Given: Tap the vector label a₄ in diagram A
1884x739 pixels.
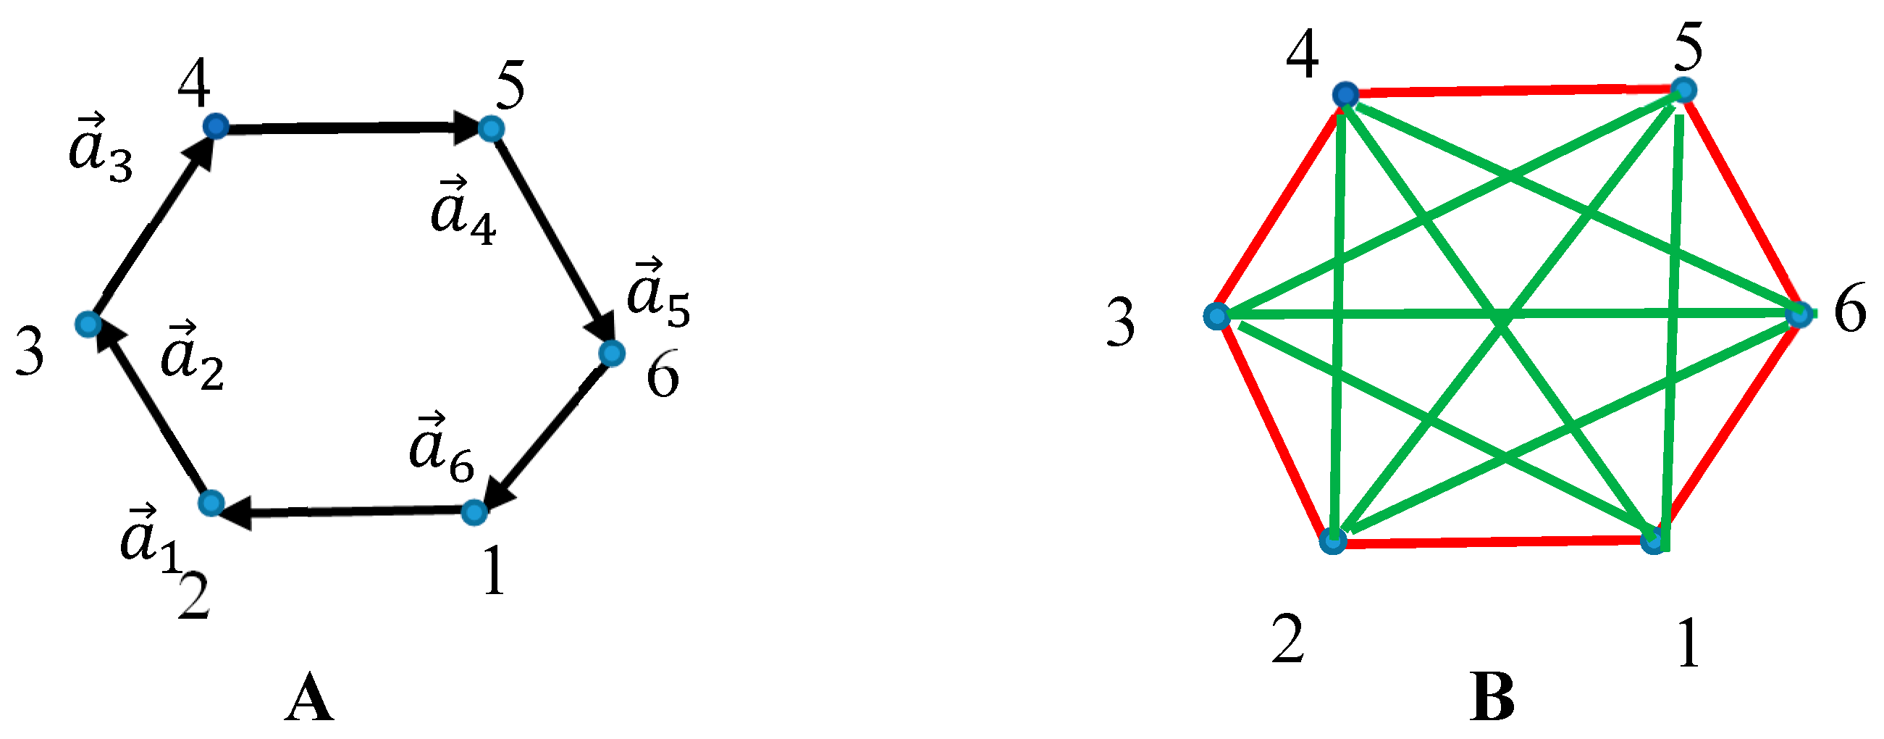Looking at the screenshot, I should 463,212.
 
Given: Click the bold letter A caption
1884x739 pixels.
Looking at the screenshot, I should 309,699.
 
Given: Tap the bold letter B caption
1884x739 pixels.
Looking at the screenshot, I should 1492,698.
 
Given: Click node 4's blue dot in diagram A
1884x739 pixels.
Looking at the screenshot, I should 215,127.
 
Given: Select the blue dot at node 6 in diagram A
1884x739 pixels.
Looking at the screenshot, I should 611,354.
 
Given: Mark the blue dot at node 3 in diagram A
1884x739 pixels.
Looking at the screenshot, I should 88,323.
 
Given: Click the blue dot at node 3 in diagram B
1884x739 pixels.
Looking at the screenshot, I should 1216,316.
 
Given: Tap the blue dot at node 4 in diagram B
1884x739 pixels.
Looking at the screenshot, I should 1345,94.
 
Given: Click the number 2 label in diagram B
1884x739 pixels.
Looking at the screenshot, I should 1287,640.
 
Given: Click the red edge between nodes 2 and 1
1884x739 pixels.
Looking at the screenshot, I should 1492,542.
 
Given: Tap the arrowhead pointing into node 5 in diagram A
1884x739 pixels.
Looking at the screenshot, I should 468,130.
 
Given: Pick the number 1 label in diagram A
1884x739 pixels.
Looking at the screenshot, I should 495,572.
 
